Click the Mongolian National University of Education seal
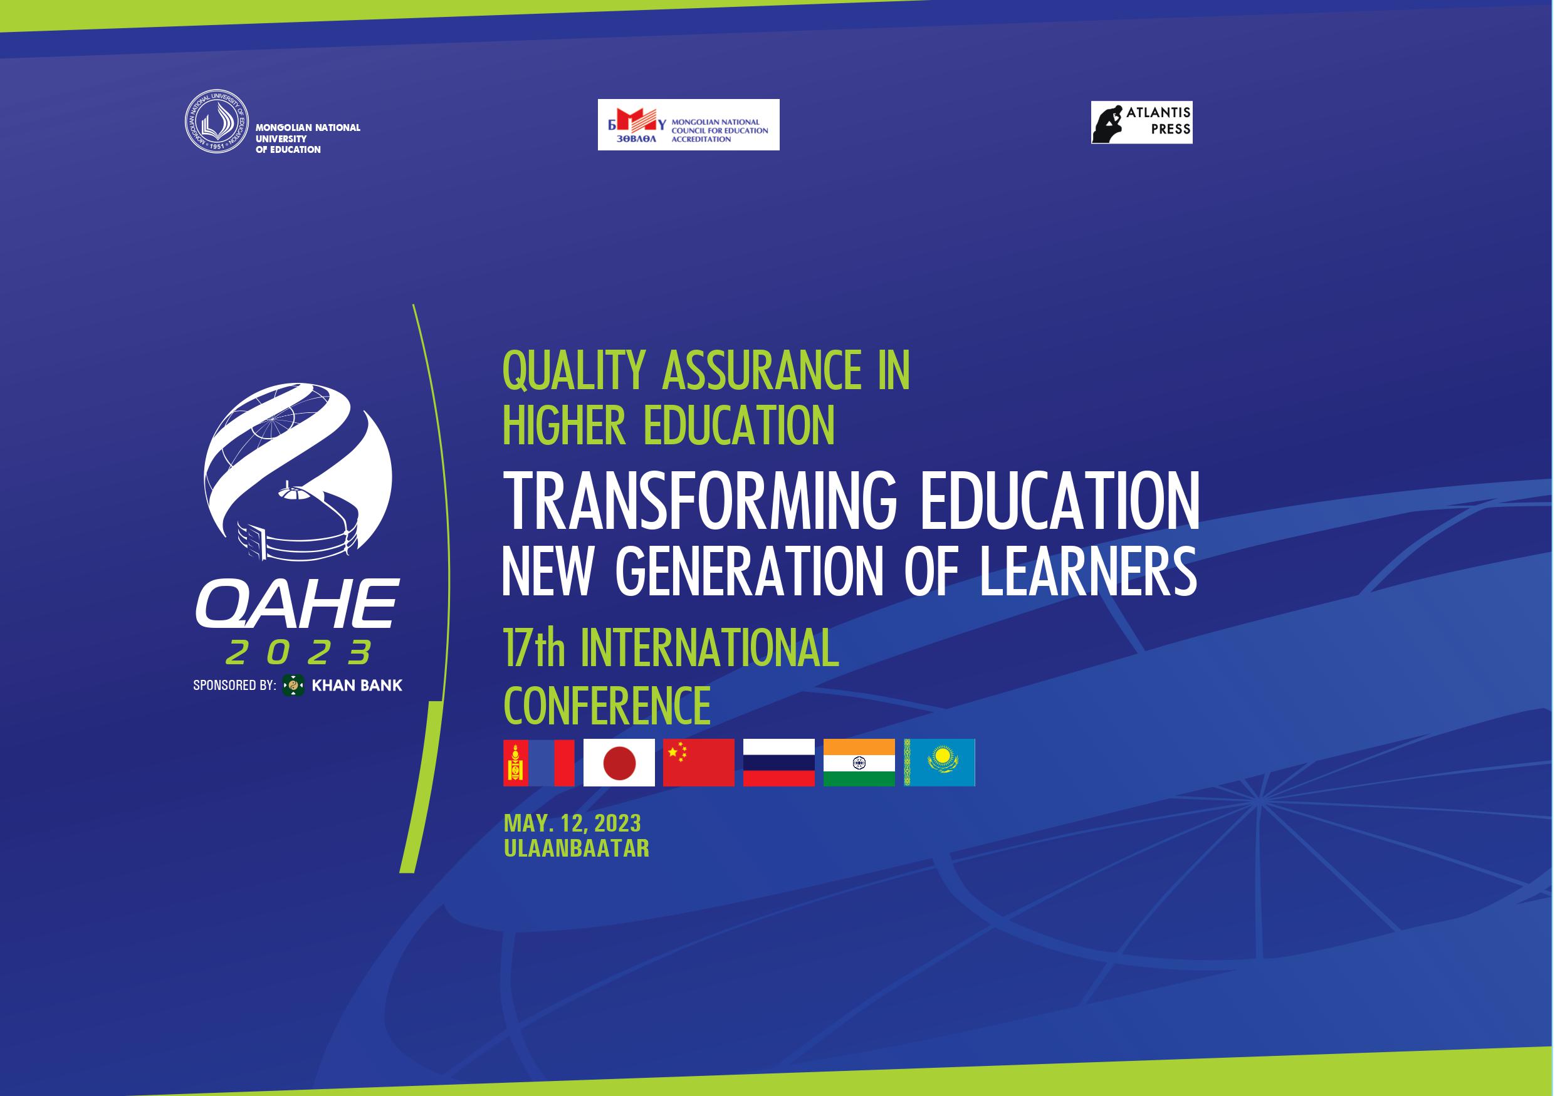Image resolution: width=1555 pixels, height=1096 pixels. click(x=217, y=121)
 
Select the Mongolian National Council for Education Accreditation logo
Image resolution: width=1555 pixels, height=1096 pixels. click(x=688, y=125)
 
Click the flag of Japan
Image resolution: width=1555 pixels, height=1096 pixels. click(x=619, y=762)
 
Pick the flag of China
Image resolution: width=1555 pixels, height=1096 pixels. click(x=698, y=762)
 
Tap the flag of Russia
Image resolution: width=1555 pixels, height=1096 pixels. click(x=779, y=762)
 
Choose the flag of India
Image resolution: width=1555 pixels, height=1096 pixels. click(x=859, y=762)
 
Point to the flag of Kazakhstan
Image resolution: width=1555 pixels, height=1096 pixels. click(x=940, y=762)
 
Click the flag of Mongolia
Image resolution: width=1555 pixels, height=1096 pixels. click(x=538, y=762)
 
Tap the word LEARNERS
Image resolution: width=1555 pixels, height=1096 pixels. click(x=1087, y=571)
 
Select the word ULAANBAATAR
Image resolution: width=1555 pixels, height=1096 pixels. click(x=577, y=848)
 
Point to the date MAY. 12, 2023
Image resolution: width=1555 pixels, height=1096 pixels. click(x=572, y=823)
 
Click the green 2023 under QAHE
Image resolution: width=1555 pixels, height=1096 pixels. click(x=299, y=652)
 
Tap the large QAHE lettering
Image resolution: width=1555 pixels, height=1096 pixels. click(x=297, y=602)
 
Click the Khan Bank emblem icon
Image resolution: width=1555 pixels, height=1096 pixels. click(x=293, y=685)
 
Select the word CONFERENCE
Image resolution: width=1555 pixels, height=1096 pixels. click(x=607, y=706)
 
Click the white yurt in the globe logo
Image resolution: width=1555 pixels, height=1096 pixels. click(x=296, y=521)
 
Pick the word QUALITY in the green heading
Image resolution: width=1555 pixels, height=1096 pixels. click(x=573, y=371)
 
